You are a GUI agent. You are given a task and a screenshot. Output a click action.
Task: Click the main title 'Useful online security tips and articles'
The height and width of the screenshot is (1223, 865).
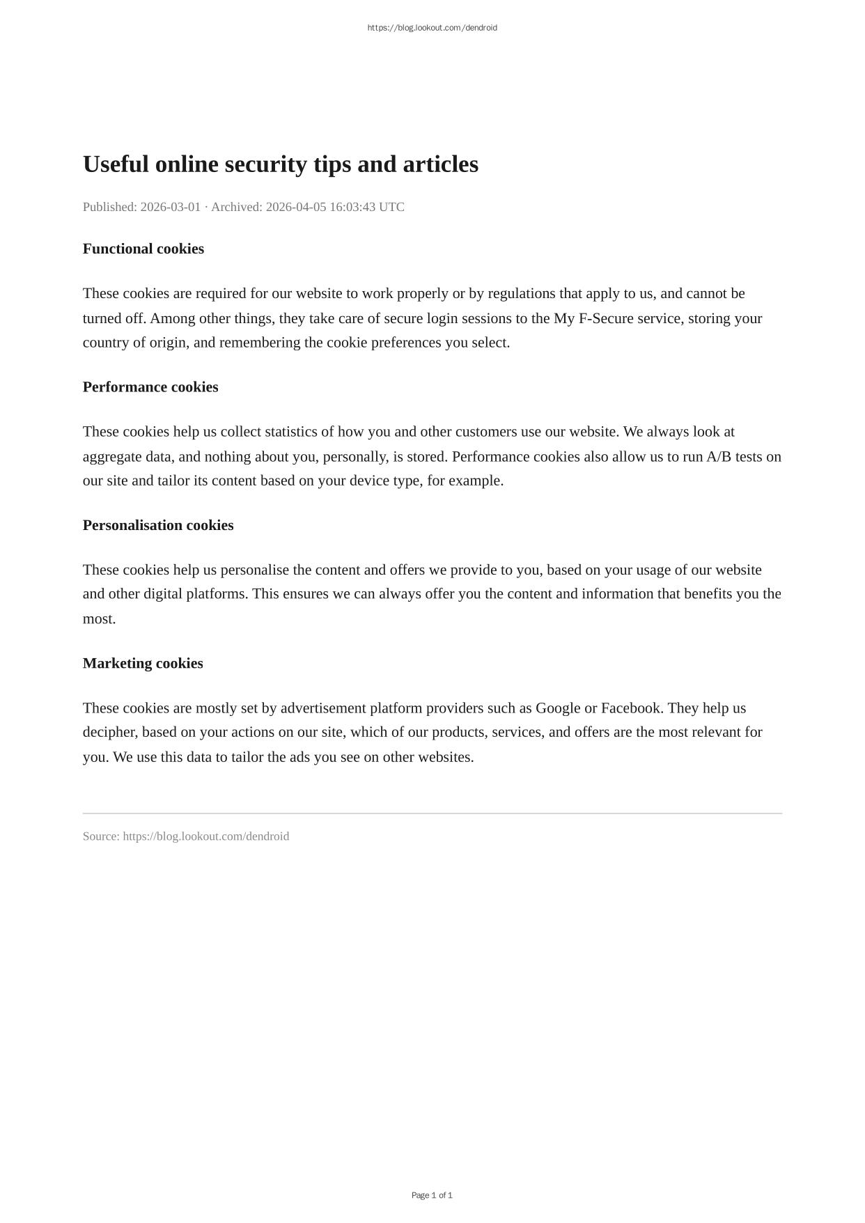coord(280,164)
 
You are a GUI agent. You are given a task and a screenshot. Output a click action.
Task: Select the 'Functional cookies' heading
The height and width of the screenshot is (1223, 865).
coord(143,249)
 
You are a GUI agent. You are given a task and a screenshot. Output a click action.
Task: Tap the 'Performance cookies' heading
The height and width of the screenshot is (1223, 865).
coord(150,387)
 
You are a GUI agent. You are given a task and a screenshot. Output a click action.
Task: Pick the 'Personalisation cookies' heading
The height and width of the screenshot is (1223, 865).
coord(158,525)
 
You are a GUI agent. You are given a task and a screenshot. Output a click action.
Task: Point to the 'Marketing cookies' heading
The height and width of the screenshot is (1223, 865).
coord(143,663)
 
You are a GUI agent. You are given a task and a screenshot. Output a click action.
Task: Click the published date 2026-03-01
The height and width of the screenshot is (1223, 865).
coord(171,207)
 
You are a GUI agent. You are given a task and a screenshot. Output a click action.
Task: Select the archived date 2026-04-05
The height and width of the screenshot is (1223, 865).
coord(296,207)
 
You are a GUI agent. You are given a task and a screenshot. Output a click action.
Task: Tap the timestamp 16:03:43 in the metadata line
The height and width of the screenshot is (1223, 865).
coord(352,207)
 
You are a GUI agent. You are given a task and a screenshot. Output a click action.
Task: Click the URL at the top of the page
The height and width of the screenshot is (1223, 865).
coord(432,28)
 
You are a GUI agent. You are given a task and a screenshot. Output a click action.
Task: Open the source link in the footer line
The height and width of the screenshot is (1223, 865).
coord(205,836)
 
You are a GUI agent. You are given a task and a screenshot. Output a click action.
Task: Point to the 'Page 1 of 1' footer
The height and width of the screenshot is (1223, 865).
coord(432,1195)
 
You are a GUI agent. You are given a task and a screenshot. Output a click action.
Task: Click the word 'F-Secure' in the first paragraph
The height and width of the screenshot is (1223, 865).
coord(606,318)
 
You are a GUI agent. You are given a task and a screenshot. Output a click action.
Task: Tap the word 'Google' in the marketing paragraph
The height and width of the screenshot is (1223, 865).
coord(558,708)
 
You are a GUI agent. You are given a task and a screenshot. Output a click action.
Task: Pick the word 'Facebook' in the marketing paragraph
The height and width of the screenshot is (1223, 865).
coord(630,708)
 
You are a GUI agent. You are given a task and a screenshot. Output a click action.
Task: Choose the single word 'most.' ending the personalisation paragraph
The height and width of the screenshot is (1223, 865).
coord(99,618)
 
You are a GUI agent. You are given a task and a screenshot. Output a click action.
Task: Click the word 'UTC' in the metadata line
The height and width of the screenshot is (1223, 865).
coord(391,207)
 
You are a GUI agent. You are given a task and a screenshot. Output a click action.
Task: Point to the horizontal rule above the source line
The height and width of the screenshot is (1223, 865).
coord(432,813)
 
